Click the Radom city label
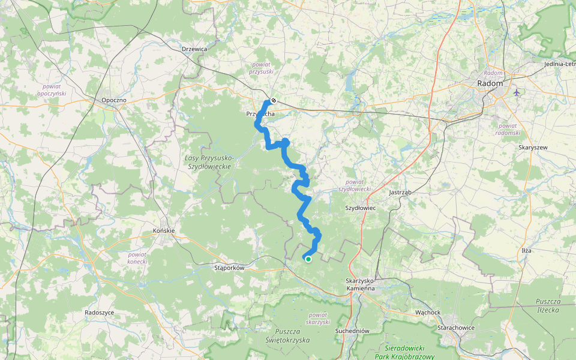tap(490, 83)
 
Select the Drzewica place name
tap(194, 49)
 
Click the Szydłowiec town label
tap(360, 208)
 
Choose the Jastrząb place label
tap(399, 193)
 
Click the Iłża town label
tap(527, 250)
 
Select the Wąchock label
tap(428, 313)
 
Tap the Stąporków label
tap(229, 268)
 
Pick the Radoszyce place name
tap(100, 313)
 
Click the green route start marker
tap(308, 259)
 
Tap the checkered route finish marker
tap(273, 101)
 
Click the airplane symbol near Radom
tap(517, 92)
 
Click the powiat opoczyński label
tap(52, 89)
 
